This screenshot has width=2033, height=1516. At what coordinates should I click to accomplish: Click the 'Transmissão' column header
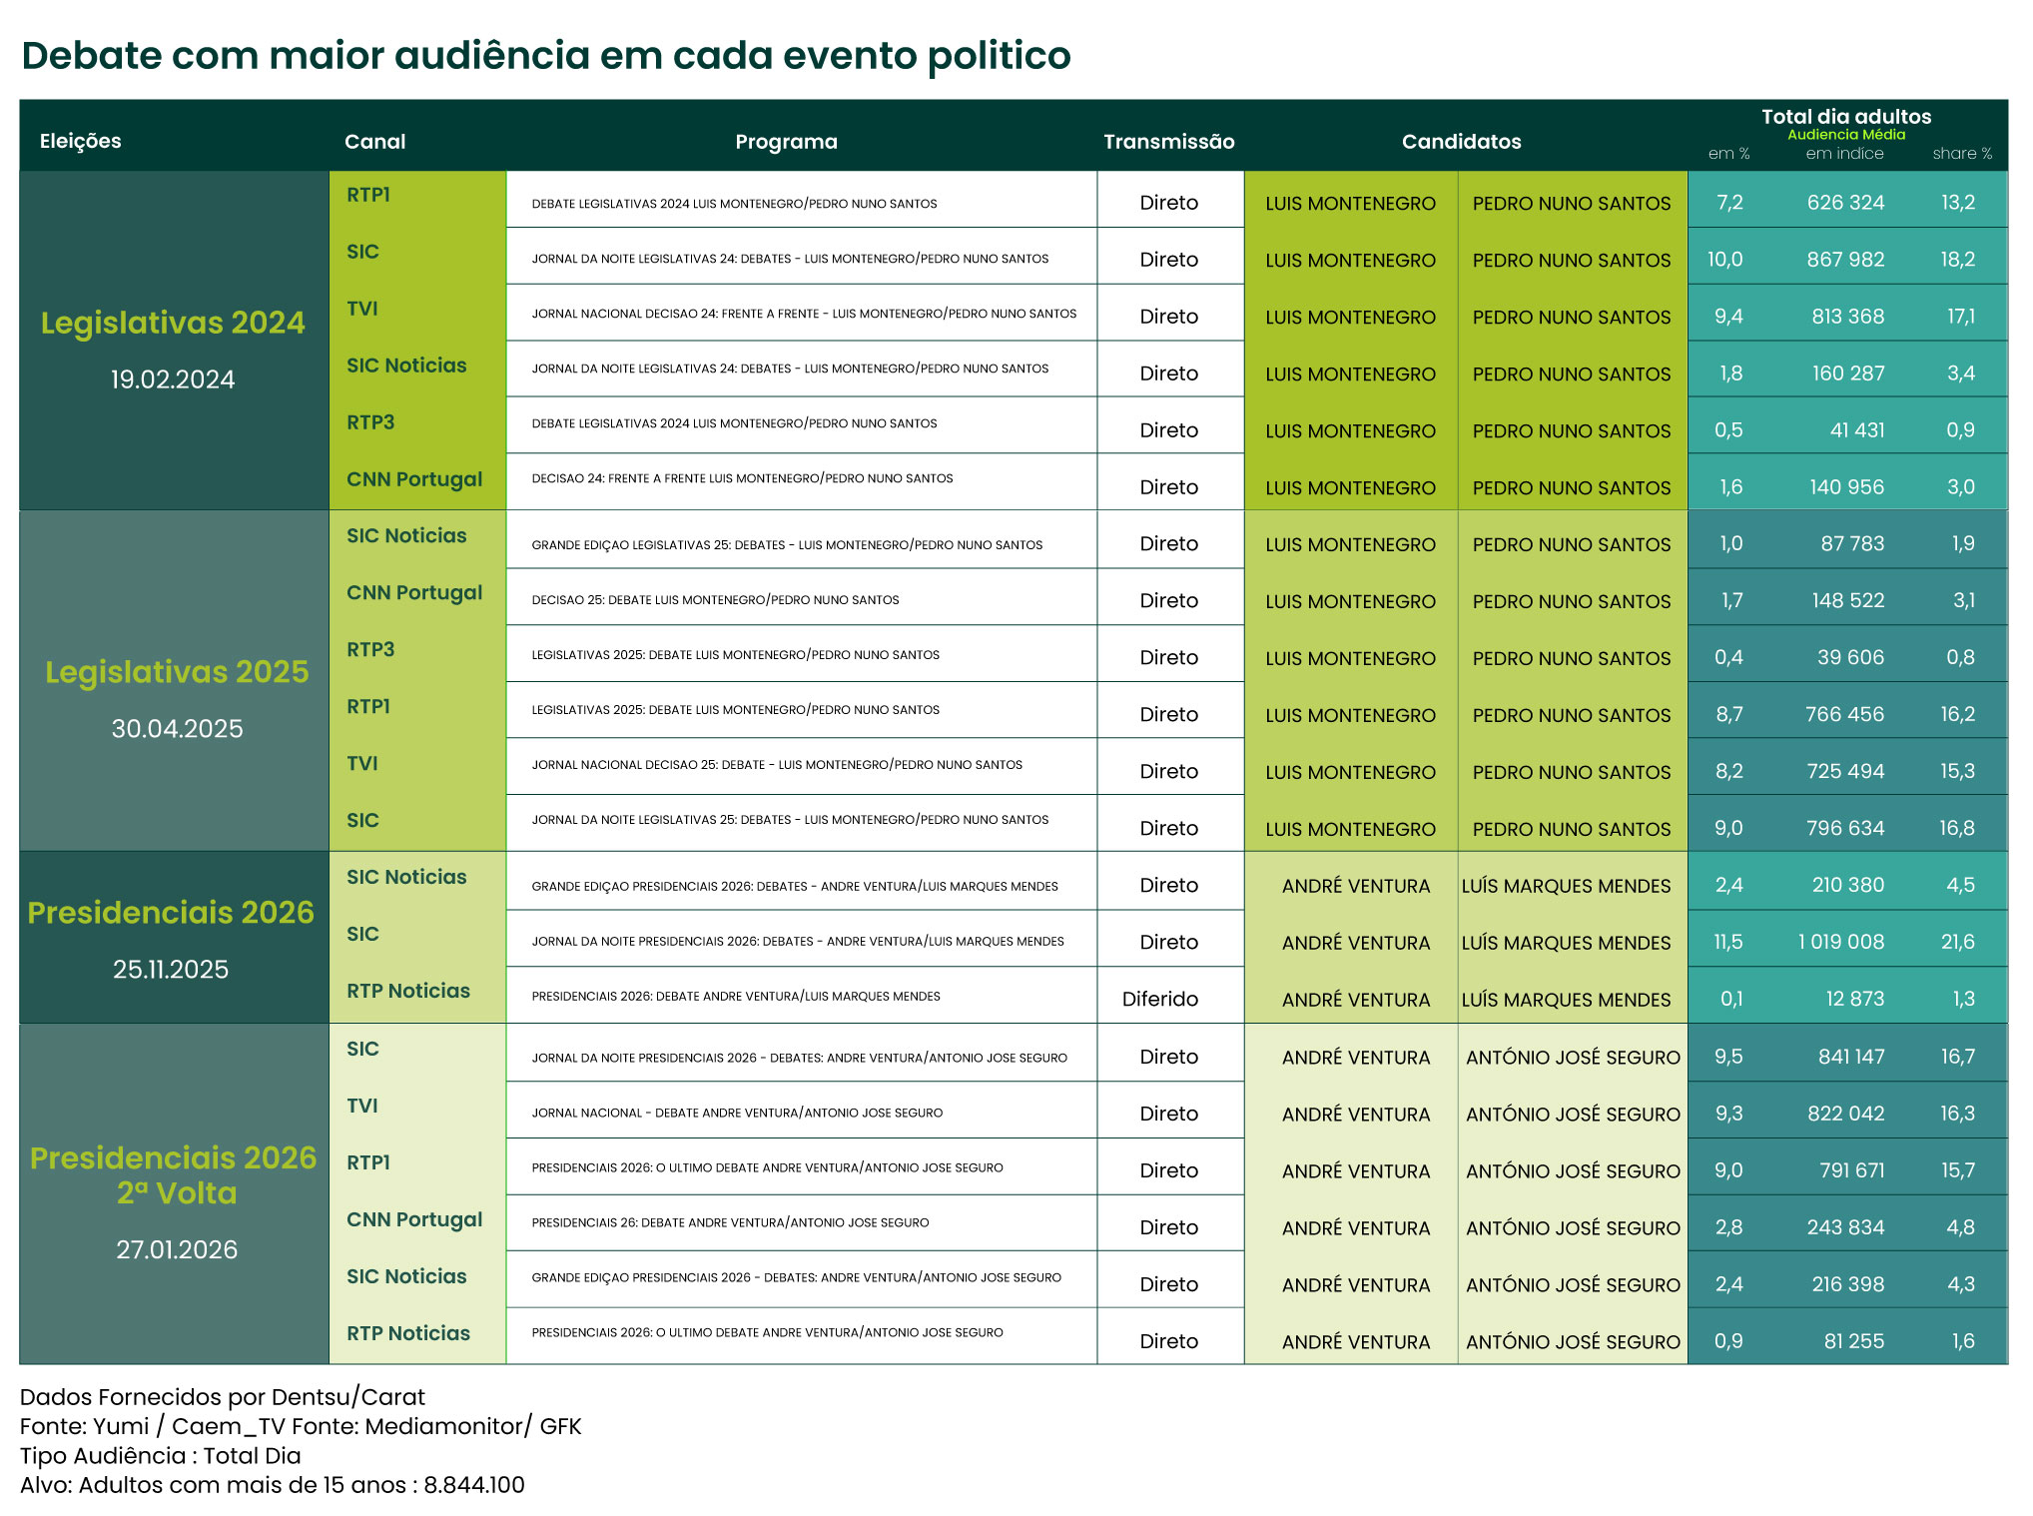[1168, 142]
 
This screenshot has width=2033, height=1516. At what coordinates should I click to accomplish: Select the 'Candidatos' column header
[1461, 142]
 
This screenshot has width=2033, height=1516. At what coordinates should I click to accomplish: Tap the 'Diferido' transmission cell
[1159, 999]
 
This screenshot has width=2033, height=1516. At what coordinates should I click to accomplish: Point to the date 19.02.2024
[173, 379]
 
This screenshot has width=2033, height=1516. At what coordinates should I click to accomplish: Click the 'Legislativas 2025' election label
[177, 672]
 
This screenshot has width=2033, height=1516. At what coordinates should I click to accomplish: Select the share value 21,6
[1957, 942]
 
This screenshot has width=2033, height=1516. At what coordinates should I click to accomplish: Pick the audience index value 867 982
[1845, 260]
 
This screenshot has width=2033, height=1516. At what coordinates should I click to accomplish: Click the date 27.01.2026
[177, 1249]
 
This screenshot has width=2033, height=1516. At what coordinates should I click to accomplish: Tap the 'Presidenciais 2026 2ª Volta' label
[174, 1175]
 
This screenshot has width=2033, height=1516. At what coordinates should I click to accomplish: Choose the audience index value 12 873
[1854, 999]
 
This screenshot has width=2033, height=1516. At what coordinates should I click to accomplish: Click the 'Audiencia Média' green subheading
[1845, 135]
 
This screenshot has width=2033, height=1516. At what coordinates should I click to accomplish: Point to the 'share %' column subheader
[1961, 154]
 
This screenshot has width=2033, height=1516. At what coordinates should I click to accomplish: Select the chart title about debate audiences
[545, 56]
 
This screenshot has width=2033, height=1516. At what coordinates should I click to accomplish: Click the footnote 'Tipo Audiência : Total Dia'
[160, 1455]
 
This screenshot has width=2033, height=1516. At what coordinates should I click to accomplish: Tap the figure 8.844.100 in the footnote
[474, 1485]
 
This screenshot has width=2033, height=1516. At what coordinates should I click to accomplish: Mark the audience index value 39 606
[1850, 657]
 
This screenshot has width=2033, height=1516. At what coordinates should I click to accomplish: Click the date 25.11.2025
[171, 969]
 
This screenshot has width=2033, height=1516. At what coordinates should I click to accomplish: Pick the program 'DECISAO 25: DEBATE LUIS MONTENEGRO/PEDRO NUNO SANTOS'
[715, 600]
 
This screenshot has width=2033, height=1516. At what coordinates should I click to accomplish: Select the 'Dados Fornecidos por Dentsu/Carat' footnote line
[222, 1397]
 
